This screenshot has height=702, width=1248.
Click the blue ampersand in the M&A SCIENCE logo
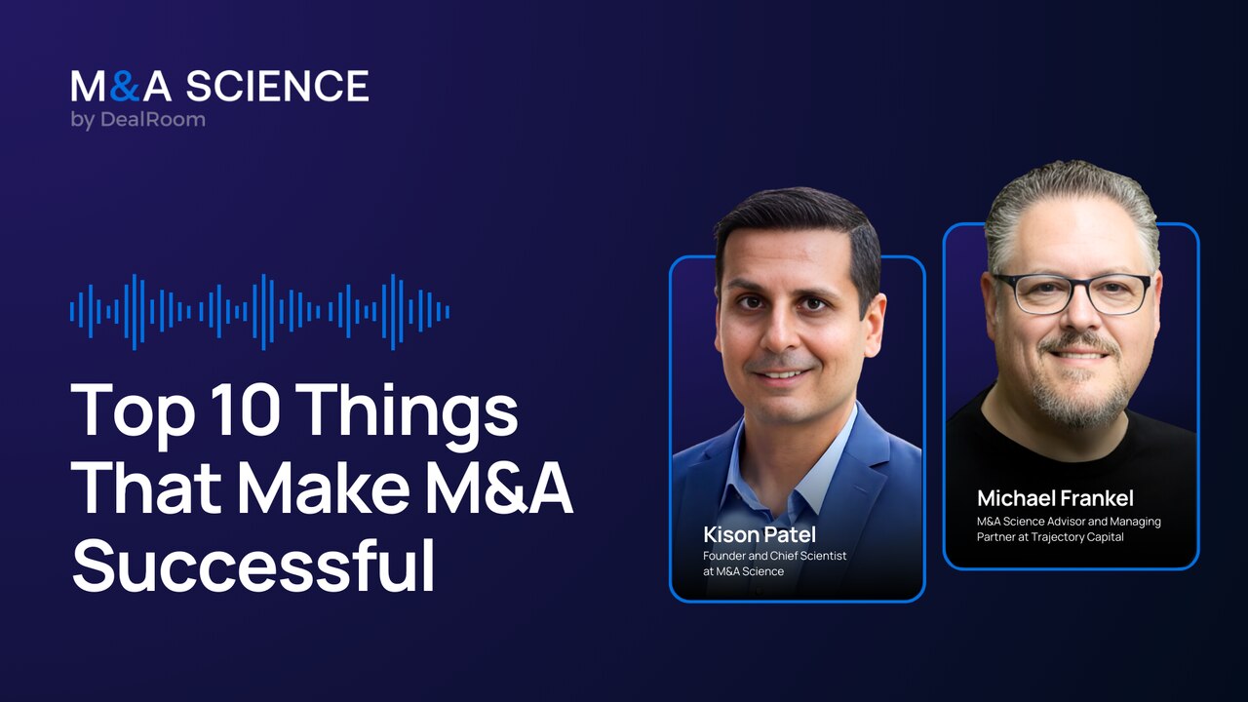pos(125,87)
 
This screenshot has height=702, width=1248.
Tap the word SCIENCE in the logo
pos(278,87)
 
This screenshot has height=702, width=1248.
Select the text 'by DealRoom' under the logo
pos(137,121)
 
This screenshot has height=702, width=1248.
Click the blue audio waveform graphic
pos(259,311)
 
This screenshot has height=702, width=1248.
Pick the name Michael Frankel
pos(1055,499)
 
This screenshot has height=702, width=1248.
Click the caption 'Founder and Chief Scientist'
pos(774,556)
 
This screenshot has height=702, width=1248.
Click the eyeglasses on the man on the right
pos(1072,292)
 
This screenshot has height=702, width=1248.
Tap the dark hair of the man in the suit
pos(795,219)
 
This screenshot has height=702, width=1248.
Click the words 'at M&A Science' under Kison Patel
pos(743,571)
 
